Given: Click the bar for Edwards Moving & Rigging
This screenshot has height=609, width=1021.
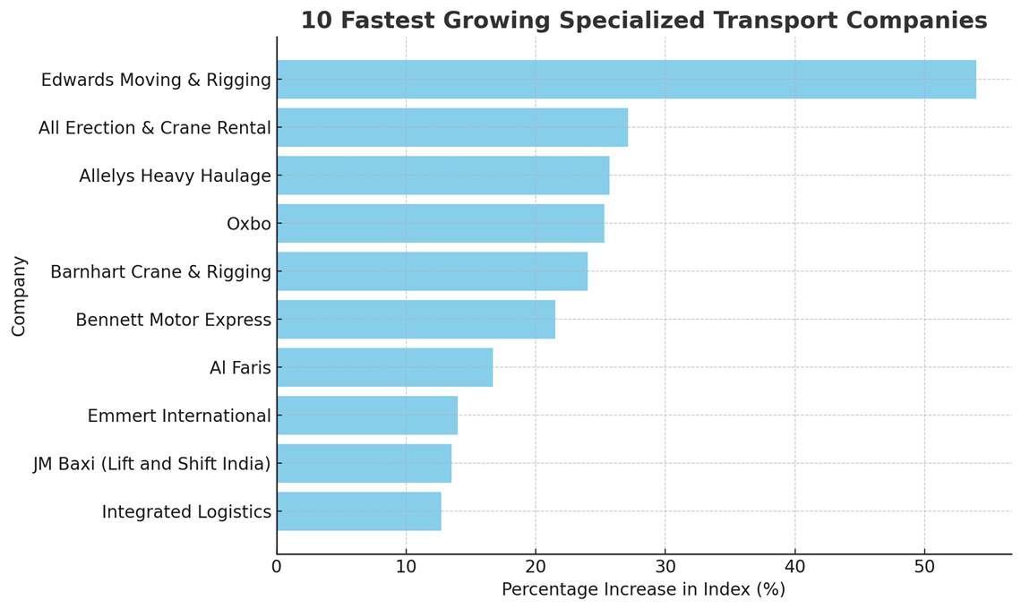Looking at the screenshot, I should coord(626,80).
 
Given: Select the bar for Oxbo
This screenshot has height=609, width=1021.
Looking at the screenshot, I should coord(440,223).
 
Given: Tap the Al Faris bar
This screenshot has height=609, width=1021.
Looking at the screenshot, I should coord(384,367).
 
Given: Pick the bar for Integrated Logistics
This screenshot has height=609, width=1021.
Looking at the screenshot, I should coord(358,511).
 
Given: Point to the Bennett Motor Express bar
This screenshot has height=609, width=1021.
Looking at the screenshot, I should coord(416,320).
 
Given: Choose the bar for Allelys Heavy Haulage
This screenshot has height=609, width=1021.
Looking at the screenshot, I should coord(442,176).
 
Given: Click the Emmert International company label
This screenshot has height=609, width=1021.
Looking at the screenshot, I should coord(179,416).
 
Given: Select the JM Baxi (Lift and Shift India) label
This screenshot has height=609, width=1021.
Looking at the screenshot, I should coord(151,464).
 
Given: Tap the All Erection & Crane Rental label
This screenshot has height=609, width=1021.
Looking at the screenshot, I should coord(154,128).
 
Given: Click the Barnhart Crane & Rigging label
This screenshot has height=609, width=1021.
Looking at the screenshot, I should coord(160,271).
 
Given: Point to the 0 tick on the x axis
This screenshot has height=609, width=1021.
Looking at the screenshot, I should coord(277,567).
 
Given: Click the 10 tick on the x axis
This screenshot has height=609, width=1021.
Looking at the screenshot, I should coord(406,567).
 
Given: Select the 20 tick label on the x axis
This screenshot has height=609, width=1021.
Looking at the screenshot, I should coord(536,567).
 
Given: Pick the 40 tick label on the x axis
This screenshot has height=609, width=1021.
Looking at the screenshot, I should coord(794,567).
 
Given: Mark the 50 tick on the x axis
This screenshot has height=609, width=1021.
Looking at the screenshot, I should coord(924,567).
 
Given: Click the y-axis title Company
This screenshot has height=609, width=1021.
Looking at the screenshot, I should coord(19,296).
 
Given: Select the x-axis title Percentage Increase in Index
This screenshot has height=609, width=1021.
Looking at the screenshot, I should coord(643,590).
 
